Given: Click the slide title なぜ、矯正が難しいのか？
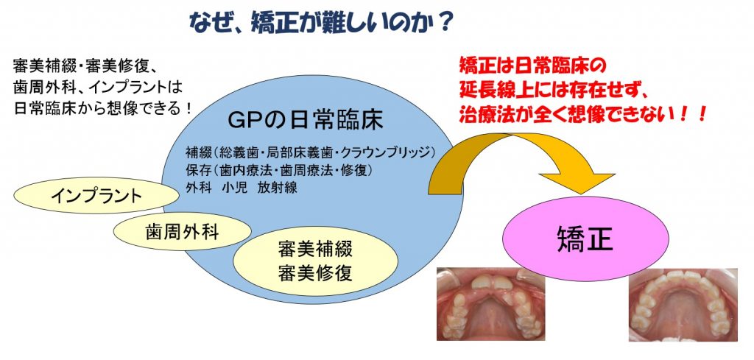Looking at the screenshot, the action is tap(321, 21).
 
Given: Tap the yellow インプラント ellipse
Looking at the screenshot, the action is tap(96, 196).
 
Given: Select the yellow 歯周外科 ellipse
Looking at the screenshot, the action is tap(183, 232).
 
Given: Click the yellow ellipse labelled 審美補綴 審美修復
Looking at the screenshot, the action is tap(315, 261).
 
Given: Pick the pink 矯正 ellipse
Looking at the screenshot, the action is tap(585, 239).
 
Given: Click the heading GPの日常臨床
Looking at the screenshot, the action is tap(306, 121).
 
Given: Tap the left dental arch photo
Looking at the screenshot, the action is tap(490, 304).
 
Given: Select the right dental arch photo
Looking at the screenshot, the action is tap(683, 304).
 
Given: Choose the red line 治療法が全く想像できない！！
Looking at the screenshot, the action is tap(582, 114).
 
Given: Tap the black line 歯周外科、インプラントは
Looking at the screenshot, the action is tap(99, 88).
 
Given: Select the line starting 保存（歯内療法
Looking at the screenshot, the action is tap(280, 170).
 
